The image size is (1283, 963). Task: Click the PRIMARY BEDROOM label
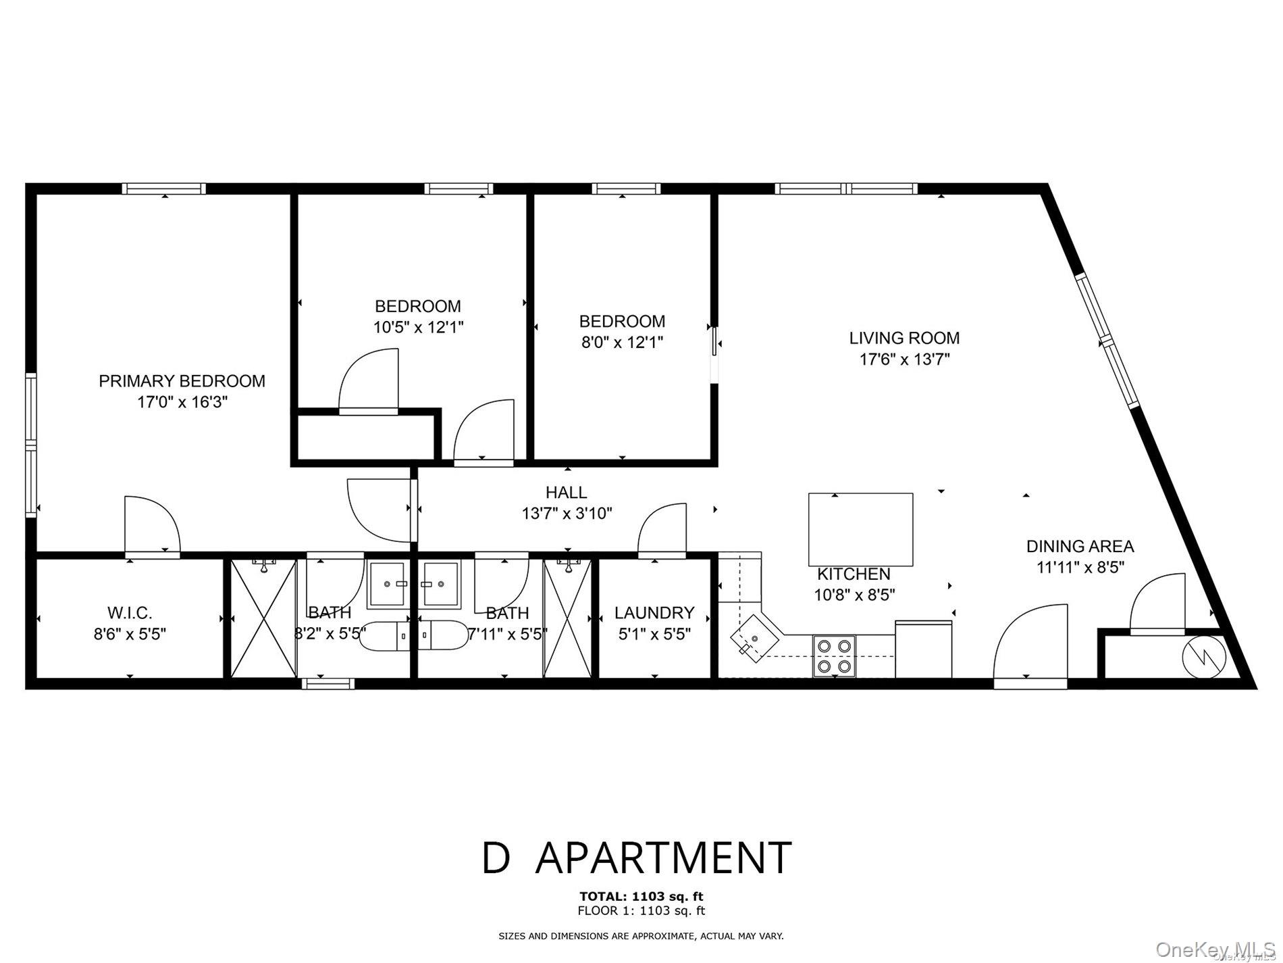click(182, 381)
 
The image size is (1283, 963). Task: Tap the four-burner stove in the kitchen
click(833, 656)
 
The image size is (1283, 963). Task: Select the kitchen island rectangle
click(860, 529)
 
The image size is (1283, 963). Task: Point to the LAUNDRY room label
click(654, 613)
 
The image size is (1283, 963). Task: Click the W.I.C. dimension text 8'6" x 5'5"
click(130, 635)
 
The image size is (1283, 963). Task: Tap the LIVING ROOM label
click(904, 338)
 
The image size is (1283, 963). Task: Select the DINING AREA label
click(1080, 546)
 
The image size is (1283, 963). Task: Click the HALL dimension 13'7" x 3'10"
click(567, 514)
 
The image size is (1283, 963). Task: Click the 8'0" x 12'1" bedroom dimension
click(621, 343)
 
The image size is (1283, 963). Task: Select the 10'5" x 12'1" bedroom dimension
click(418, 328)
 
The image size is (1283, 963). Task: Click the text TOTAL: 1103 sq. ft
click(641, 896)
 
